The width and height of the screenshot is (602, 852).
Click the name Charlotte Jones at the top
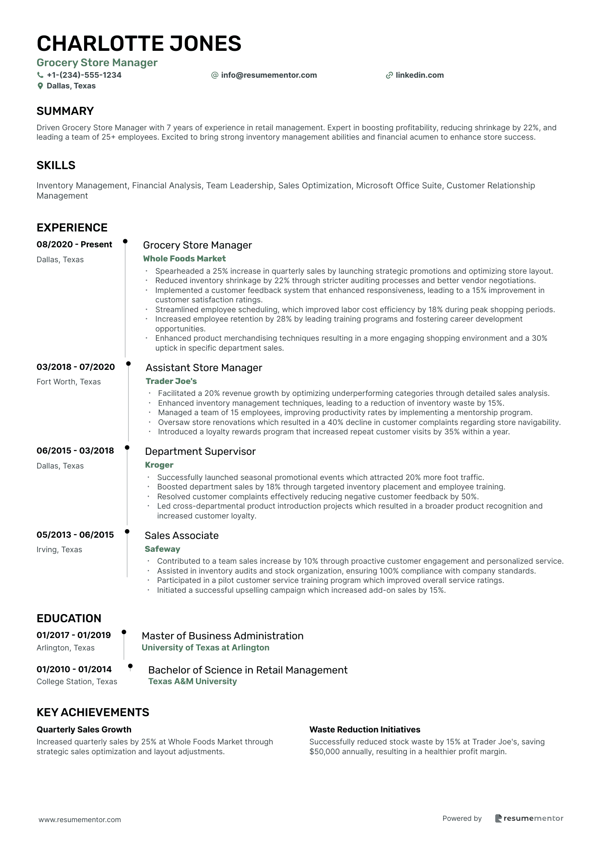click(x=139, y=44)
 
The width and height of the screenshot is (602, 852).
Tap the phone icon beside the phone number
click(x=40, y=75)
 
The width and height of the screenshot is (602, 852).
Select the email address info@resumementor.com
click(x=269, y=75)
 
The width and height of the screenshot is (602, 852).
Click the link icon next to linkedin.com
click(x=389, y=75)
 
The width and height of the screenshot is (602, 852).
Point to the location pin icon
click(x=40, y=86)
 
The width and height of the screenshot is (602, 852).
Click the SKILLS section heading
click(x=56, y=165)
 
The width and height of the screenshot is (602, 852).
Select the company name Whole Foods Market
click(x=184, y=258)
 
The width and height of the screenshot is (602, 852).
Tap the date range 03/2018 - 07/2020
click(x=76, y=367)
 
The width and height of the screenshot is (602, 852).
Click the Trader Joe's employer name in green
click(x=171, y=381)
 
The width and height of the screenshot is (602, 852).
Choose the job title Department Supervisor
click(x=200, y=451)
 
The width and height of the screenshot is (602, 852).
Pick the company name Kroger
click(x=159, y=465)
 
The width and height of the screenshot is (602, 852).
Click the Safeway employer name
click(x=162, y=549)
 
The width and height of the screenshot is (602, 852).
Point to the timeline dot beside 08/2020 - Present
click(x=125, y=241)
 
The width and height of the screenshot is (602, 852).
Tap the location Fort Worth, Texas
click(x=68, y=382)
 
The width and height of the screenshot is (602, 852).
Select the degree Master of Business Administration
click(x=222, y=635)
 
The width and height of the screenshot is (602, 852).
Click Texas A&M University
click(x=192, y=681)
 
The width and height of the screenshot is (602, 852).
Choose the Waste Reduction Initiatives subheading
click(x=365, y=729)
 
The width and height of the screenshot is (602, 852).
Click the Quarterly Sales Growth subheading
click(x=84, y=729)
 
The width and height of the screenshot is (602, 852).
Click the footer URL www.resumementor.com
click(x=79, y=820)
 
